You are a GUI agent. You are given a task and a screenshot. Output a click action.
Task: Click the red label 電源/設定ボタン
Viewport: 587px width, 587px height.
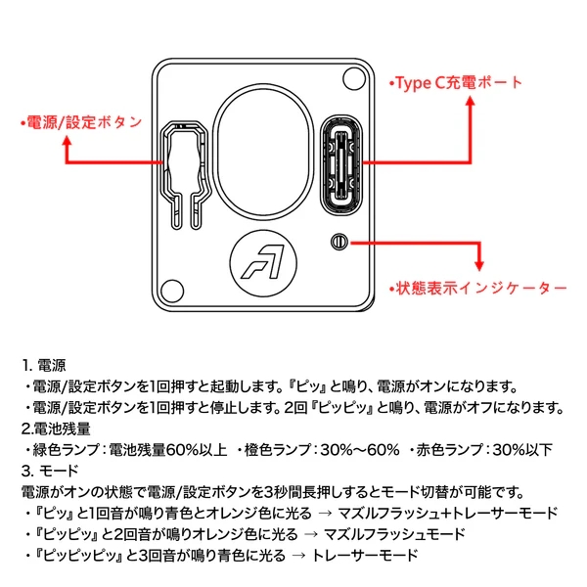[x=81, y=122]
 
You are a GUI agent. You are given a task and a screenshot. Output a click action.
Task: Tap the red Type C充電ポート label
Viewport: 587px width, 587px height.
[x=456, y=83]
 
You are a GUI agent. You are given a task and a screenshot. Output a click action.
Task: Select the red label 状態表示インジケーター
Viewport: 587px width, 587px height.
[x=477, y=289]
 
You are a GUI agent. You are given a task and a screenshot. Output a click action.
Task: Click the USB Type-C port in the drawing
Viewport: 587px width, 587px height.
[x=340, y=164]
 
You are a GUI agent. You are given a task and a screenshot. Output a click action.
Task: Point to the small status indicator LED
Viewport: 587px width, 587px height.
[x=339, y=242]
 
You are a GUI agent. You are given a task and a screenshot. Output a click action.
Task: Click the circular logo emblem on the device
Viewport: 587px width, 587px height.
[x=263, y=263]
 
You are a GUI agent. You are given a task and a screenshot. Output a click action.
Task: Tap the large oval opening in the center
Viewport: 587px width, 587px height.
[x=263, y=152]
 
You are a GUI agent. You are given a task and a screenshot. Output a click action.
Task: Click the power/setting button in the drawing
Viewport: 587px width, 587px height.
[x=185, y=174]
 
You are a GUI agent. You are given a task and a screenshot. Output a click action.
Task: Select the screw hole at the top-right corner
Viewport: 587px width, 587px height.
[x=354, y=78]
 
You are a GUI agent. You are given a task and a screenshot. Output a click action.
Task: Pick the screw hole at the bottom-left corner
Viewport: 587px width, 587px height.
[x=172, y=291]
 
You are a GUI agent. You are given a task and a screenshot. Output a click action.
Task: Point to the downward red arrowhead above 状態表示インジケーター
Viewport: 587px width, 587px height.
[x=479, y=266]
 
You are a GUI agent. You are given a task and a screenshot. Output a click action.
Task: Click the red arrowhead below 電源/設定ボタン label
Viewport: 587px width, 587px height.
[x=67, y=141]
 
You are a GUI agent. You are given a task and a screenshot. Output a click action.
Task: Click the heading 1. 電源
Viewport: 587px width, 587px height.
[x=44, y=365]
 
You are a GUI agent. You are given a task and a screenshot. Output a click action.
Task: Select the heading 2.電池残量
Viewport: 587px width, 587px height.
[x=56, y=429]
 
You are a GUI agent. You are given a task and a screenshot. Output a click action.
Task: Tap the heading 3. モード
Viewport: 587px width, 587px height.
[x=50, y=471]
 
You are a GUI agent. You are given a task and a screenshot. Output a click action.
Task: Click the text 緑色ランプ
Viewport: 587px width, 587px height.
[x=66, y=449]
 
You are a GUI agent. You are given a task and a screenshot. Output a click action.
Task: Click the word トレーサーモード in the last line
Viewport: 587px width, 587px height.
[x=365, y=555]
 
